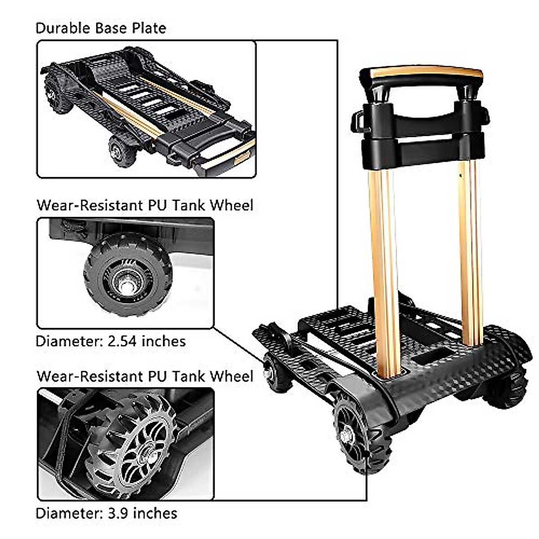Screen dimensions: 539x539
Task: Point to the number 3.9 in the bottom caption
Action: pos(118,513)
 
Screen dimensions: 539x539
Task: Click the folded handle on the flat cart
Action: pos(225,155)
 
